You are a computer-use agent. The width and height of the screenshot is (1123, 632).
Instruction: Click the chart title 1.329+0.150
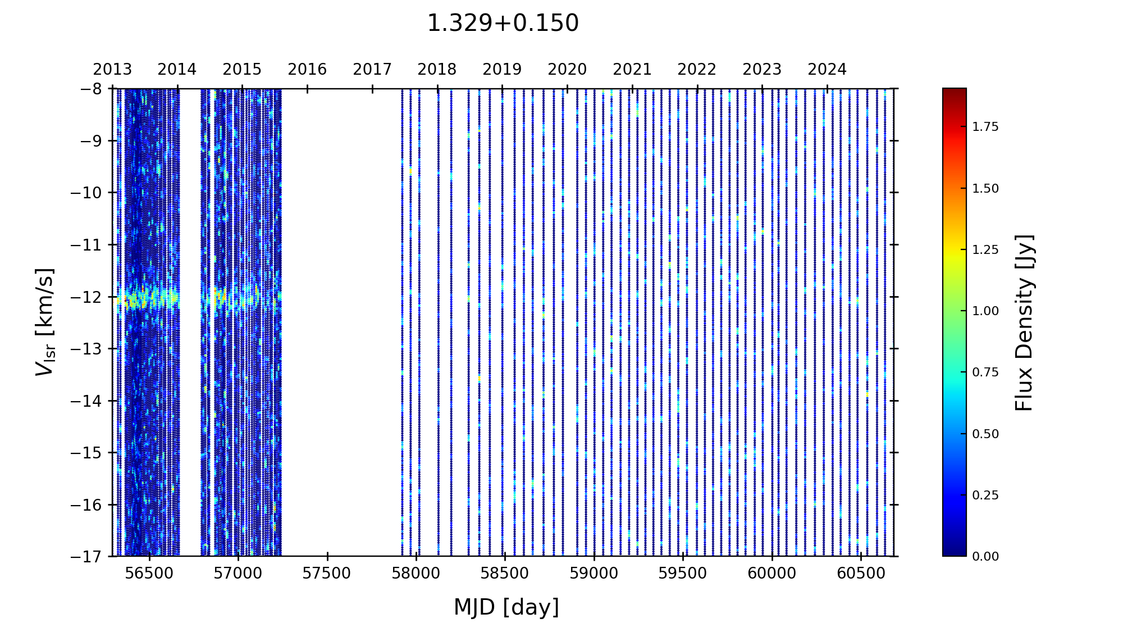tap(503, 24)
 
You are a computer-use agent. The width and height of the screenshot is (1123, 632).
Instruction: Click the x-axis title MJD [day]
tap(506, 607)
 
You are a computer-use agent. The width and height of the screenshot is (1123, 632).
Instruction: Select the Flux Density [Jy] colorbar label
tap(1024, 322)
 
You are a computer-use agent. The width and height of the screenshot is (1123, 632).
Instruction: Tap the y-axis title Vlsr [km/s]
tap(45, 322)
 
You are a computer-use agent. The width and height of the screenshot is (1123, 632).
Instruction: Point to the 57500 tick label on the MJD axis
tap(327, 574)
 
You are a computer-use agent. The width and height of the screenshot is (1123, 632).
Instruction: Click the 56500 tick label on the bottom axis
tap(149, 574)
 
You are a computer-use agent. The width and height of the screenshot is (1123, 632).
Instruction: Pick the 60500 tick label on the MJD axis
tap(860, 574)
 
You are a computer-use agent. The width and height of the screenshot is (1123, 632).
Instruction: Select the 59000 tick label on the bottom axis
tap(594, 574)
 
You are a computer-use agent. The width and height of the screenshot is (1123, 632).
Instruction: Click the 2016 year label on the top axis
tap(307, 70)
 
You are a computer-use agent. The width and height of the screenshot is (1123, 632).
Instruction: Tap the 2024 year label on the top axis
tap(827, 70)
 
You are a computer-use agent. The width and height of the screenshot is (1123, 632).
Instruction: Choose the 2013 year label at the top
tap(112, 70)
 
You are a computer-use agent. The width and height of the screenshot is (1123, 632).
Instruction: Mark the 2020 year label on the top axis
tap(567, 70)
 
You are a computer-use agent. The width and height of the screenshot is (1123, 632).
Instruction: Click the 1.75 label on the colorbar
tap(985, 127)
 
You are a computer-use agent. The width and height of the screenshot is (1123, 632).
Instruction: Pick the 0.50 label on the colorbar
tap(985, 434)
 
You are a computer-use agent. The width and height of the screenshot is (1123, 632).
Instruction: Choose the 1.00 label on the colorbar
tap(985, 311)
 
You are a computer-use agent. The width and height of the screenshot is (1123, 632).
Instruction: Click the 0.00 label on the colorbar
tap(985, 556)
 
